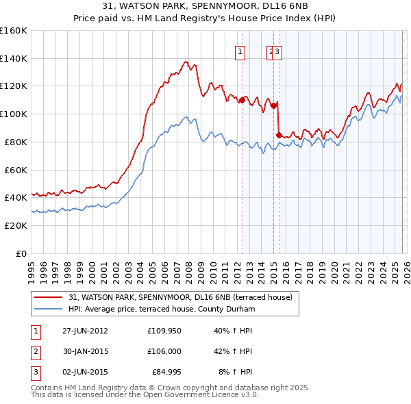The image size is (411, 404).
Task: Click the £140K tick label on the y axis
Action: [13, 58]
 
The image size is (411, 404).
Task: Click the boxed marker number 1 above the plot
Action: [241, 51]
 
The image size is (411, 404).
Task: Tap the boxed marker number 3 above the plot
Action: [278, 51]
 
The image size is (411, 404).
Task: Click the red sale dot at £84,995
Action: [278, 134]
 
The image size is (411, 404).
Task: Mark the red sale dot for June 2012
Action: [242, 100]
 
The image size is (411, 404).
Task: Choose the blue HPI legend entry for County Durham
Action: [161, 309]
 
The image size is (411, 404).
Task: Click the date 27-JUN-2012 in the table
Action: [85, 331]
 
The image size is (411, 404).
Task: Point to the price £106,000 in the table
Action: [164, 352]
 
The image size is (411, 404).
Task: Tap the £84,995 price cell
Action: [164, 373]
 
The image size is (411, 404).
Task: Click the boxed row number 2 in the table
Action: [35, 352]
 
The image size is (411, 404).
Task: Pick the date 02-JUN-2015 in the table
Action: [85, 373]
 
